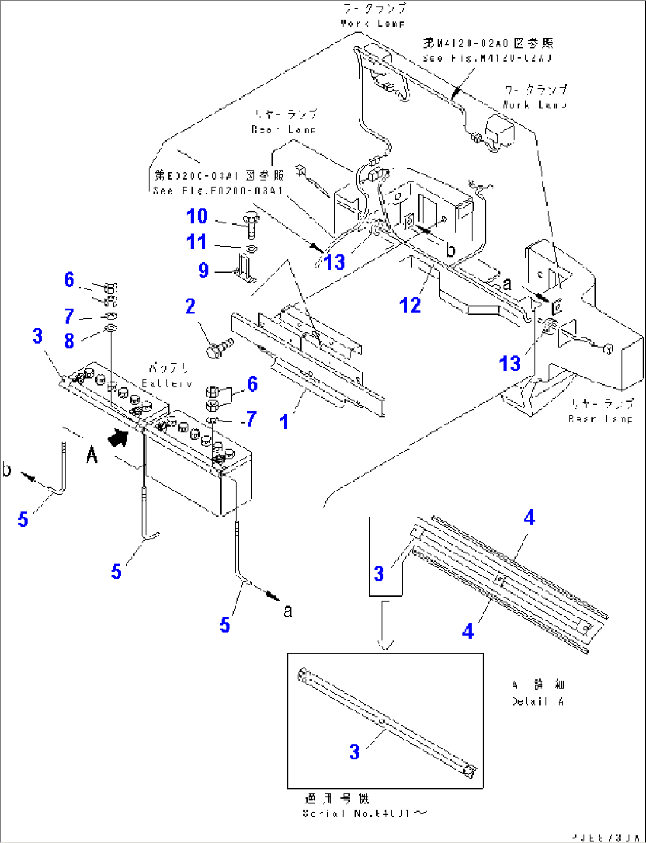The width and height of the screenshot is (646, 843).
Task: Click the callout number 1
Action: click(x=284, y=422)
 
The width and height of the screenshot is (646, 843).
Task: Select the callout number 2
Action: click(x=190, y=306)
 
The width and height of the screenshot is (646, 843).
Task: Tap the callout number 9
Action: click(x=203, y=270)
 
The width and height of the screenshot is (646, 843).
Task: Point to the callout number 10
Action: click(x=197, y=216)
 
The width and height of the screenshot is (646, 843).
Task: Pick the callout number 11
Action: click(x=197, y=242)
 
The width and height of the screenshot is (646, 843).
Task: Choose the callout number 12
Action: click(x=410, y=305)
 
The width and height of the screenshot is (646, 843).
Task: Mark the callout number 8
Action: click(x=69, y=341)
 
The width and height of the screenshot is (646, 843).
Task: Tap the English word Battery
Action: click(x=167, y=384)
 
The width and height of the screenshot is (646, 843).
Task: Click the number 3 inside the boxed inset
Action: click(x=354, y=752)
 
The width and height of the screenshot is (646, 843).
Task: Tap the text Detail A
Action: click(x=538, y=701)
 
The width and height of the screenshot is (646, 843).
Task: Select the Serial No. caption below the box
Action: click(x=364, y=813)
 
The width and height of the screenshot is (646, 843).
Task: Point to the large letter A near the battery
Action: click(x=92, y=456)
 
